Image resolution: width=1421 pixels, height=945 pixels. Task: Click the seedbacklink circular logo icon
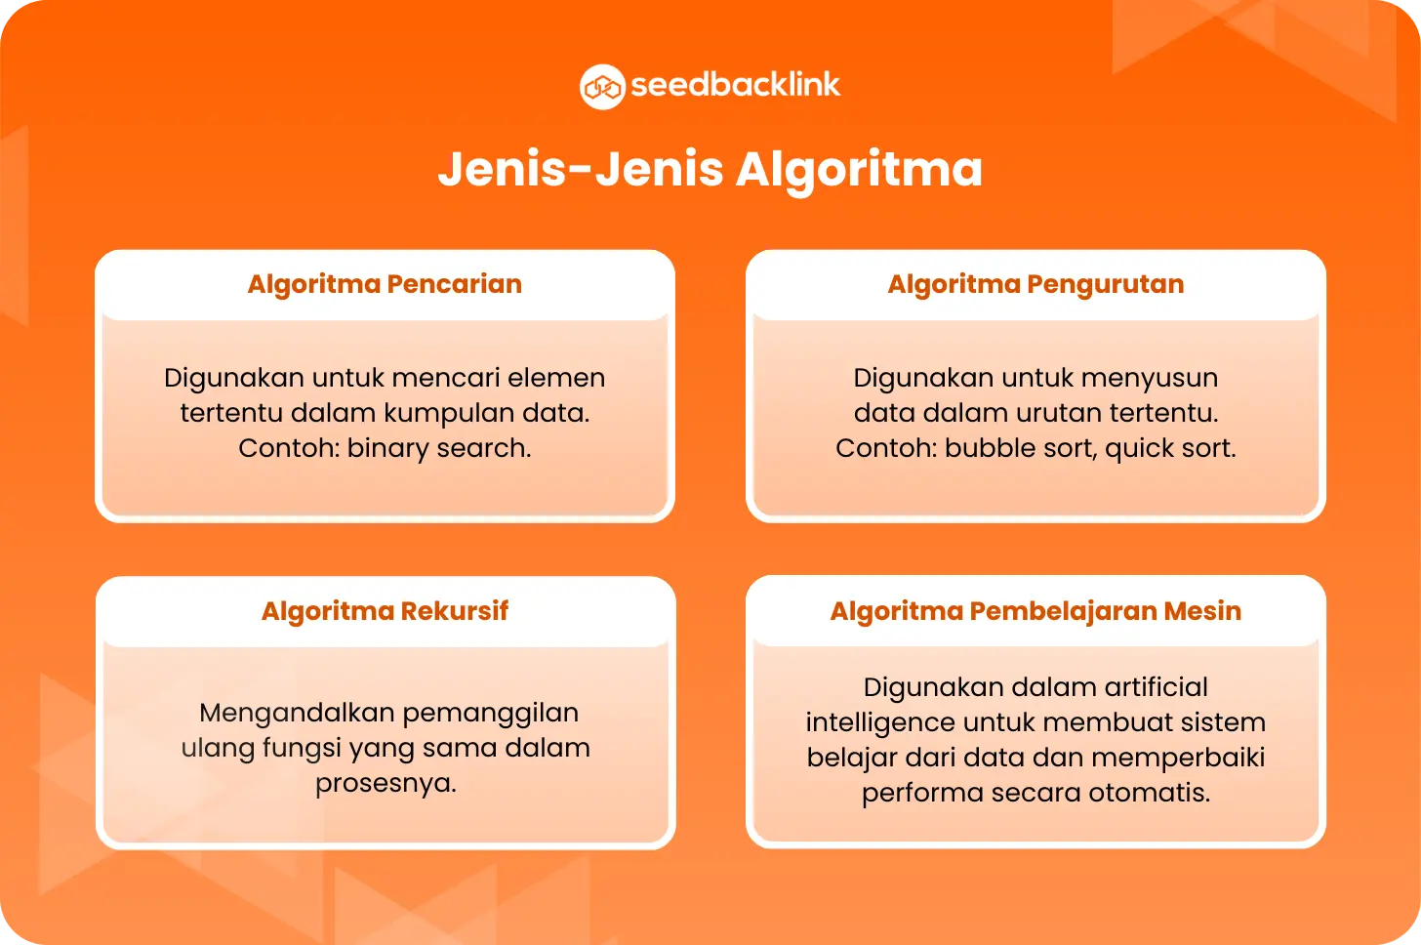point(602,87)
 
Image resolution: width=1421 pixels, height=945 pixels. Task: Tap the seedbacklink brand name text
point(736,85)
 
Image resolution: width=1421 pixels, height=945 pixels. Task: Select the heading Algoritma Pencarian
point(385,284)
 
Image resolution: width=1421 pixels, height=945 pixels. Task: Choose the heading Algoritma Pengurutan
point(1035,284)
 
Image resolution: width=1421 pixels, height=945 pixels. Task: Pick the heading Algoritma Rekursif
point(385,611)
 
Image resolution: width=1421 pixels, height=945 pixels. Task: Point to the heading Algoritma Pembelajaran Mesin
point(1035,611)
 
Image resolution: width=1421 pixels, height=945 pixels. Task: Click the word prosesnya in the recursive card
point(386,783)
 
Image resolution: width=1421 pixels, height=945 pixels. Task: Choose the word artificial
point(1157,687)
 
